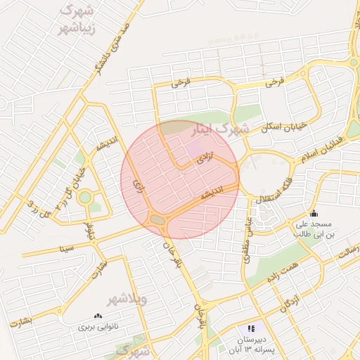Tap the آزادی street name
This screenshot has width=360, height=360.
pos(205,159)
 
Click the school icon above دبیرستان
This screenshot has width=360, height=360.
pos(251,328)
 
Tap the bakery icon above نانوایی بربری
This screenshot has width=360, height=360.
pos(97,316)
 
